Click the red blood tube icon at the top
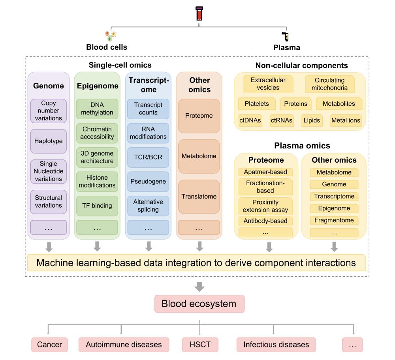(199, 13)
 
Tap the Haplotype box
(48, 141)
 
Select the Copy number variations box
(48, 111)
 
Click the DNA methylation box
(97, 109)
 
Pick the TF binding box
(97, 206)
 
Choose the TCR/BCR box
(148, 157)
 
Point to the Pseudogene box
(148, 182)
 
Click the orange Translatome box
(199, 197)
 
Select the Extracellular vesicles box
(268, 84)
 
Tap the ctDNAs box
(250, 120)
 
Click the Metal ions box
(346, 120)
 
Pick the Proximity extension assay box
(265, 206)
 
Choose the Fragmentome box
(334, 220)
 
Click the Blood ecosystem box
(199, 304)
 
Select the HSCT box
(200, 344)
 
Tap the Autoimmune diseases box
(124, 344)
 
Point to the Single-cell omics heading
(120, 65)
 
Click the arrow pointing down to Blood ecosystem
(199, 287)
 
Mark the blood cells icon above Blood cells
(111, 36)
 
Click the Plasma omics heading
(302, 146)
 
